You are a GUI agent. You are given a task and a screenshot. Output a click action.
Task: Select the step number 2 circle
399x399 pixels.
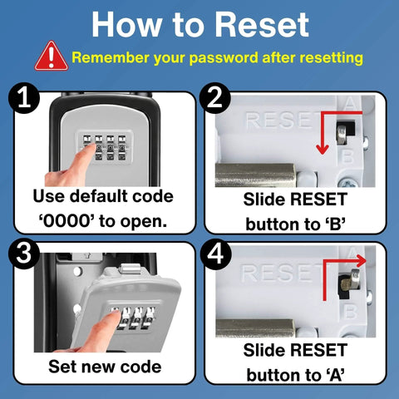[x=217, y=101]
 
